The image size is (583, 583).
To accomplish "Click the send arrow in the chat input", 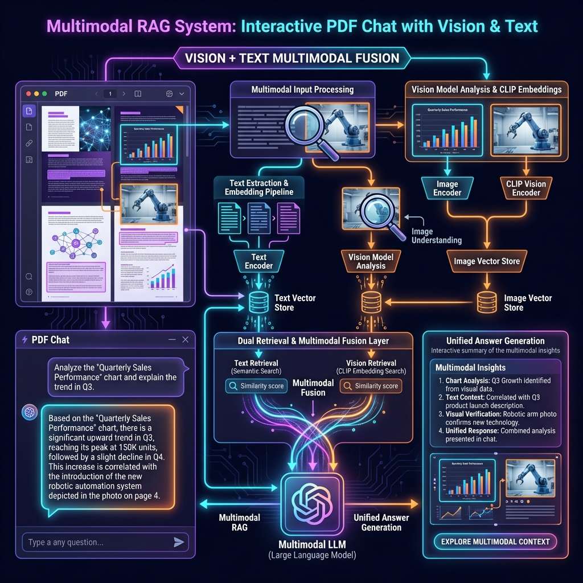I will point(179,542).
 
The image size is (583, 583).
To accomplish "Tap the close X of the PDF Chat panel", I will point(185,339).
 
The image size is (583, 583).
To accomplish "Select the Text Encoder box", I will point(258,261).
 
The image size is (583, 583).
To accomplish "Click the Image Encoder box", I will point(447,188).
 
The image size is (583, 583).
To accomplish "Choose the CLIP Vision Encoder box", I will point(525,188).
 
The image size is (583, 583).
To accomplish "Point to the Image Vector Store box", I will point(486,261).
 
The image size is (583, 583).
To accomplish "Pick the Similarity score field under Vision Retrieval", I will point(371,386).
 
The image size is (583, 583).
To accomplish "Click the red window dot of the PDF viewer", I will point(27,93).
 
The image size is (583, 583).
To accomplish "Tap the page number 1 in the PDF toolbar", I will point(110,93).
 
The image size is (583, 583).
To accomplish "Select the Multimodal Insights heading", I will point(470,368).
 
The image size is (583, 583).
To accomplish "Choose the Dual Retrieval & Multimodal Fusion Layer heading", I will point(313,341).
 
